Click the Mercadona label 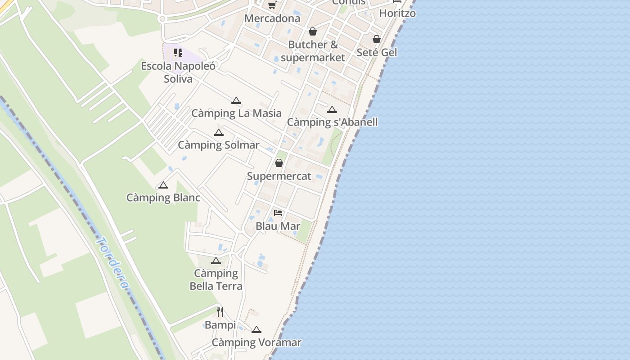(x=272, y=18)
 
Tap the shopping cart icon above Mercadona (x=272, y=5)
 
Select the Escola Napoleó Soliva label (x=178, y=72)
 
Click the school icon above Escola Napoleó (x=178, y=53)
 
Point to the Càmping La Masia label (x=236, y=113)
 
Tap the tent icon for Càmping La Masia (x=236, y=100)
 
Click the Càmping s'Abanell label (x=332, y=122)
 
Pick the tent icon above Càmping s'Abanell (x=332, y=109)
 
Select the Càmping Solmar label (x=218, y=145)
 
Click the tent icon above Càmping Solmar (x=218, y=132)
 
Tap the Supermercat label (x=279, y=176)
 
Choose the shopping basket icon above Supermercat (x=279, y=163)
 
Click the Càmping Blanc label (x=163, y=198)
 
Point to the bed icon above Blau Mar (x=278, y=212)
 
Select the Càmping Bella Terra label (x=216, y=279)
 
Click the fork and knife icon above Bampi (x=220, y=311)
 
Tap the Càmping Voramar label (x=256, y=342)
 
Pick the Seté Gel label (x=377, y=53)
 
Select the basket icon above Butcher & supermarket (x=313, y=31)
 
